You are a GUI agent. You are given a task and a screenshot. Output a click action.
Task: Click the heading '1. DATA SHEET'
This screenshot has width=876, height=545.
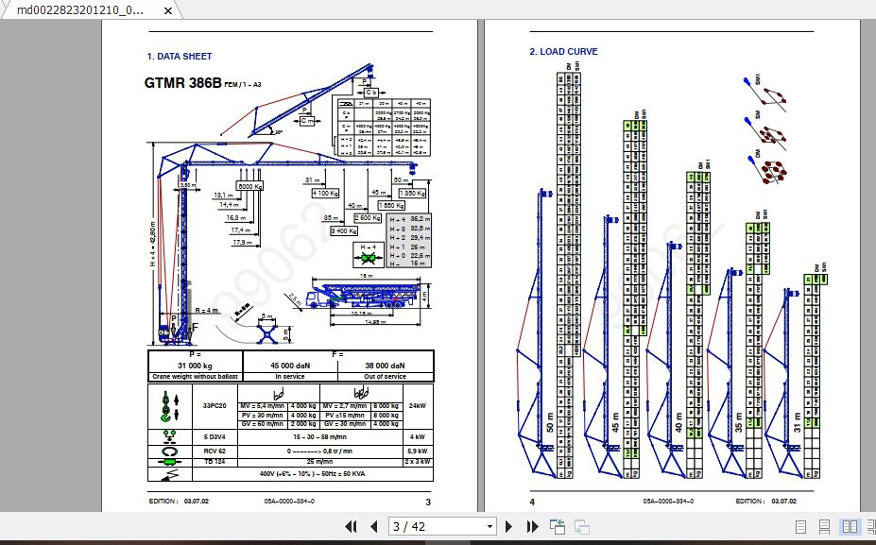(180, 57)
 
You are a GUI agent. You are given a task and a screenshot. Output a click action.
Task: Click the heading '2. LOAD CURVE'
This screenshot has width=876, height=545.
(563, 52)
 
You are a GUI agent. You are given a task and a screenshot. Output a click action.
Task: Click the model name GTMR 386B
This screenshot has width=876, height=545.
(182, 83)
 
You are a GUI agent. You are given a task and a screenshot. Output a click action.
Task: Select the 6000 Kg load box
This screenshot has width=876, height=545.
(249, 187)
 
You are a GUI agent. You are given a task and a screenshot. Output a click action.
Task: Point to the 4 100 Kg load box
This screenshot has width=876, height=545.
(324, 193)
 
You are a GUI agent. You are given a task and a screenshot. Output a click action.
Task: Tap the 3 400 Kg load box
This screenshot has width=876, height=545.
(342, 230)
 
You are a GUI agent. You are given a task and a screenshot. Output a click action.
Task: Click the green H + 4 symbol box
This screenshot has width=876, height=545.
(369, 252)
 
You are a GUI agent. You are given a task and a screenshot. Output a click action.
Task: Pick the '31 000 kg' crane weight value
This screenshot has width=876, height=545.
(195, 366)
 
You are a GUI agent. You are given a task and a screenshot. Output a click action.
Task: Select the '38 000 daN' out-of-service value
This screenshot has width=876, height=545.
(386, 366)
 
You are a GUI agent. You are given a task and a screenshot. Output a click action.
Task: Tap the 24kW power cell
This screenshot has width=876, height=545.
(417, 406)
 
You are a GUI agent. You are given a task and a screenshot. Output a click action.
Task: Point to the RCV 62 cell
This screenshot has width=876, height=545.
(214, 450)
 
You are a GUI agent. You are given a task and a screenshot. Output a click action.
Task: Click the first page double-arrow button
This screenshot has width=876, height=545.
(351, 526)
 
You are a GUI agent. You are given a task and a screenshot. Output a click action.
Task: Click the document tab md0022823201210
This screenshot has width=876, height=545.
(81, 9)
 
